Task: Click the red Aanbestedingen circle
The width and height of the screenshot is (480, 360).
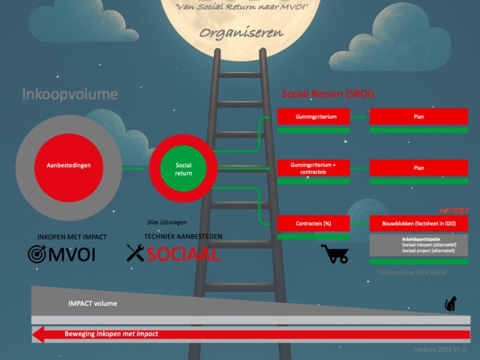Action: pos(69,165)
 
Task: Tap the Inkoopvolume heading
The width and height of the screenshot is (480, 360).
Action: pos(70,94)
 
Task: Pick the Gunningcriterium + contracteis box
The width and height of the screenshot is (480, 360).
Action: pos(314,168)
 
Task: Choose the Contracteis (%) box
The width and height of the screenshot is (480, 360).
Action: pos(314,223)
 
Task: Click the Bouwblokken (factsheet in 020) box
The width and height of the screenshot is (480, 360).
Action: pos(419,223)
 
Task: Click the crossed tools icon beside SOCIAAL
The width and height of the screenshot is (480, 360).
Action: pos(136,253)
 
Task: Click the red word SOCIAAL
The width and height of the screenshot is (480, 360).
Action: pos(183,254)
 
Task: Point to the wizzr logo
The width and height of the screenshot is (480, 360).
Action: pos(455,211)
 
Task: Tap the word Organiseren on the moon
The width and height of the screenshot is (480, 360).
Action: pos(242,33)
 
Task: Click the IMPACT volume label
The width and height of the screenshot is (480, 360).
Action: pos(92,304)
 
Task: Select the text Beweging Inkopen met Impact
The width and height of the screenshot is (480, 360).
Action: pos(111,334)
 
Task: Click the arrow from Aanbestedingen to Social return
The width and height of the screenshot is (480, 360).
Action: pos(135,169)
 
